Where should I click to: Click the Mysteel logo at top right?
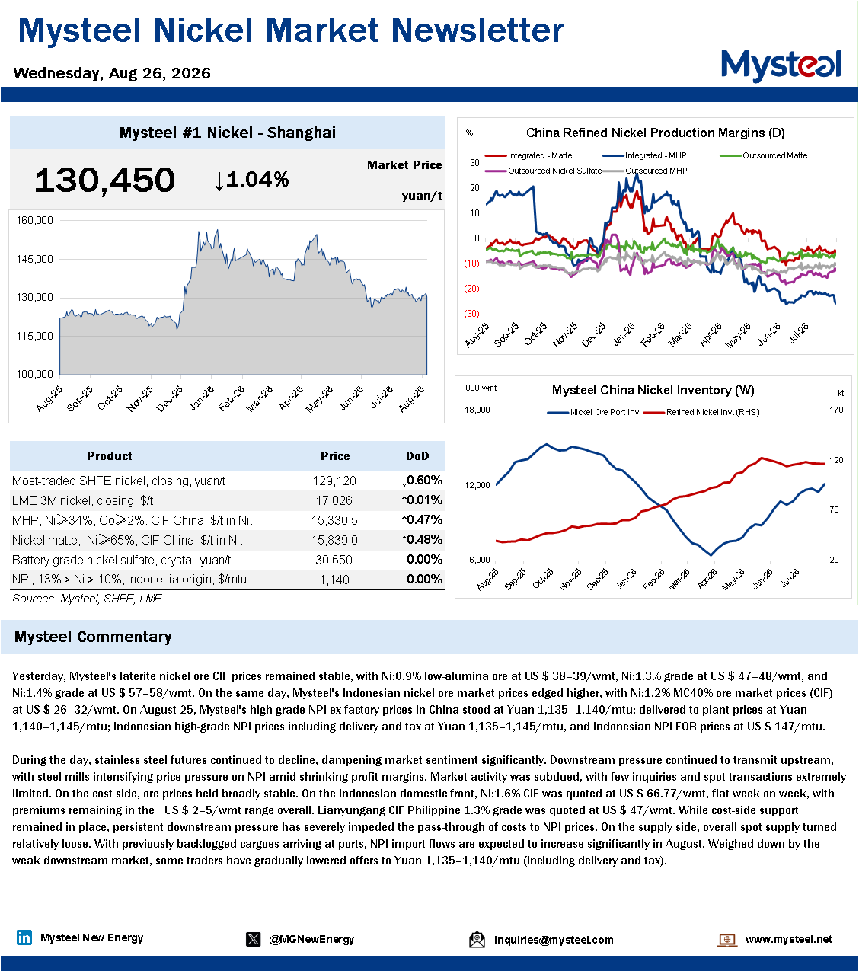[x=781, y=65]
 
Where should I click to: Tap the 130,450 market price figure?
[x=104, y=180]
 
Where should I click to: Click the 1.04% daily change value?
[x=251, y=180]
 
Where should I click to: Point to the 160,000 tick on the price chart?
[x=35, y=220]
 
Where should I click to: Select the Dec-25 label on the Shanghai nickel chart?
[x=170, y=399]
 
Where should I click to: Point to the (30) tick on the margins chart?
[x=471, y=314]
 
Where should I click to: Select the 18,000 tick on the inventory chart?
[x=477, y=410]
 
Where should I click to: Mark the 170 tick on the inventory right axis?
[x=836, y=410]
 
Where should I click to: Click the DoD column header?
[x=417, y=455]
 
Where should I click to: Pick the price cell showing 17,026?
[x=334, y=501]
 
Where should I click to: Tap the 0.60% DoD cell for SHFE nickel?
[x=423, y=481]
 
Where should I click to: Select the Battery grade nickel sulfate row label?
[x=121, y=560]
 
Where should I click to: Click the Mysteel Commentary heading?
[x=93, y=637]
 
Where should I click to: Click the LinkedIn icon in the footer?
[x=24, y=937]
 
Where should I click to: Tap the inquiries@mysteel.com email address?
[x=554, y=940]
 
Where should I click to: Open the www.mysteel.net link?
[x=788, y=939]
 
